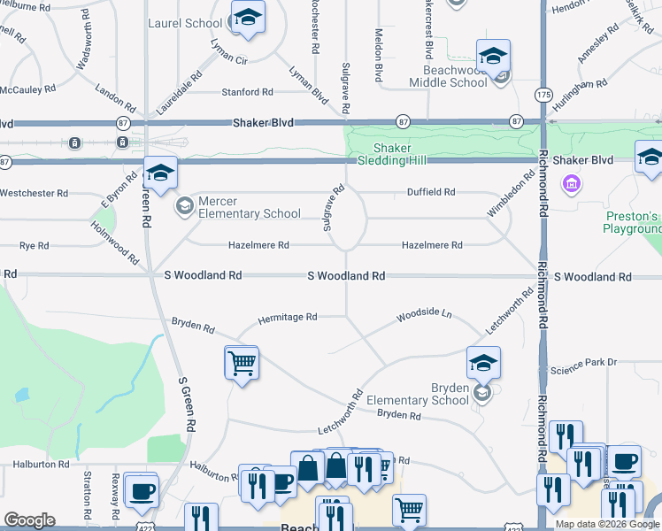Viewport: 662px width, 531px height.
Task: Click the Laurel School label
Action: [185, 23]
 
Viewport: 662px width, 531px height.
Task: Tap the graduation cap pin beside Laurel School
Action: [248, 18]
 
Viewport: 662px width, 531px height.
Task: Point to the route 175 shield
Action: [540, 94]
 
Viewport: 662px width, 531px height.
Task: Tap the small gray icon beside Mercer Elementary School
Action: [184, 207]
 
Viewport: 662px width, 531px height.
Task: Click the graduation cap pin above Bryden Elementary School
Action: [484, 363]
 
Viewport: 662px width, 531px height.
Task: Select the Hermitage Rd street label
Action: [287, 317]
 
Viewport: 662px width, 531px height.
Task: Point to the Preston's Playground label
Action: [632, 222]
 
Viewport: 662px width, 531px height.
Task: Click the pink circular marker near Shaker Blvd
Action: [572, 184]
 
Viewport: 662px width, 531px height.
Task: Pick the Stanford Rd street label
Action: [247, 92]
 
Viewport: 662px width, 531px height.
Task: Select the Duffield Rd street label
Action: [431, 192]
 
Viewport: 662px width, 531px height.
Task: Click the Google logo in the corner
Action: [29, 520]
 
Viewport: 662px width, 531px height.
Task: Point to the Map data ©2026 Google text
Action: [607, 524]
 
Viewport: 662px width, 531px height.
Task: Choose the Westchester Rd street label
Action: [35, 193]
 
